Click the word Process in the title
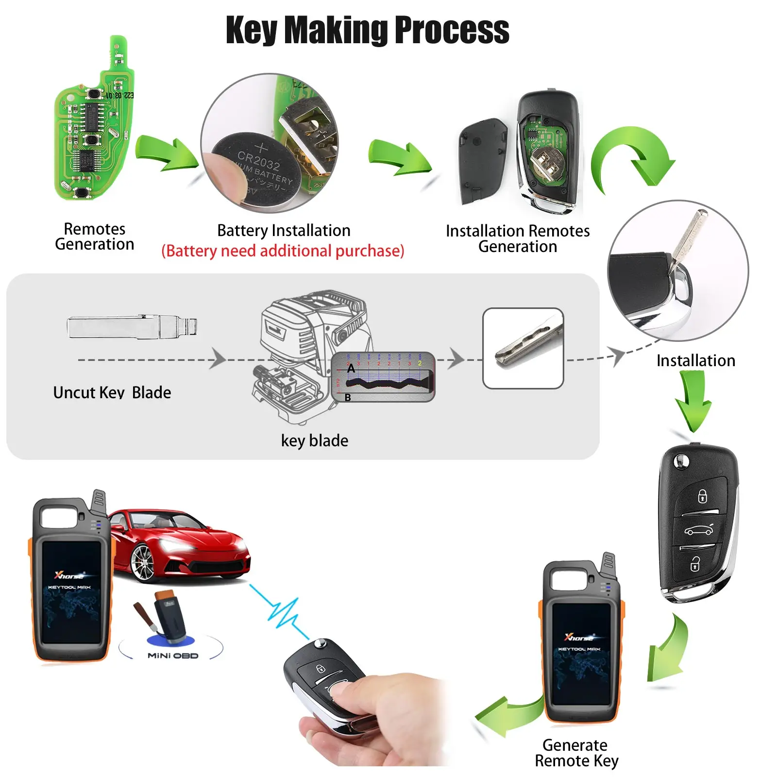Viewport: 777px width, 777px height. point(452,30)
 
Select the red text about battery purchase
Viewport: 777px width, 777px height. point(283,251)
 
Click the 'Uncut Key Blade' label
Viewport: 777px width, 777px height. point(112,392)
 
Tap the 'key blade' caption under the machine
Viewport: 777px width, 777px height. point(315,441)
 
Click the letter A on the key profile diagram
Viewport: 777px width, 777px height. point(351,369)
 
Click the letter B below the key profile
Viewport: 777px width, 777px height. point(348,398)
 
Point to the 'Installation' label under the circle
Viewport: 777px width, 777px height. point(695,361)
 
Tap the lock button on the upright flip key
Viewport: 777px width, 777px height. point(702,496)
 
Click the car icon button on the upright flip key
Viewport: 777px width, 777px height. point(699,530)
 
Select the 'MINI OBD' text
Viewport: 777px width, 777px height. point(173,656)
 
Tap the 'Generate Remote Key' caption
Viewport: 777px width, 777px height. point(576,753)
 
